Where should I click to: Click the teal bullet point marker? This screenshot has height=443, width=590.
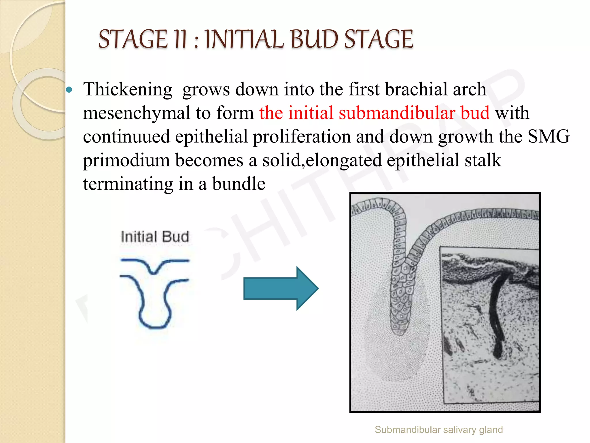click(x=69, y=90)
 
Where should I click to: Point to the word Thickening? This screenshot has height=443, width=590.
click(x=128, y=89)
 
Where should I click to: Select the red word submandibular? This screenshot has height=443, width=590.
click(x=414, y=113)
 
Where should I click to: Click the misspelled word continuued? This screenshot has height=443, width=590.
click(x=126, y=136)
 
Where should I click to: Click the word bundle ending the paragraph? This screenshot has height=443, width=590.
click(x=239, y=184)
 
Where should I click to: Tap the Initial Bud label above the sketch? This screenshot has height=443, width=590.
click(x=155, y=237)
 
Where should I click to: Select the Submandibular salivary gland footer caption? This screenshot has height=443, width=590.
click(x=438, y=430)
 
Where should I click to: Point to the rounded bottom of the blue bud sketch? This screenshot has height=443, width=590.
click(x=155, y=326)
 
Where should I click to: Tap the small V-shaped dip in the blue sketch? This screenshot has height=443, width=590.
click(x=155, y=271)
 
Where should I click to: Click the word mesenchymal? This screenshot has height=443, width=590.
click(x=137, y=113)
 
